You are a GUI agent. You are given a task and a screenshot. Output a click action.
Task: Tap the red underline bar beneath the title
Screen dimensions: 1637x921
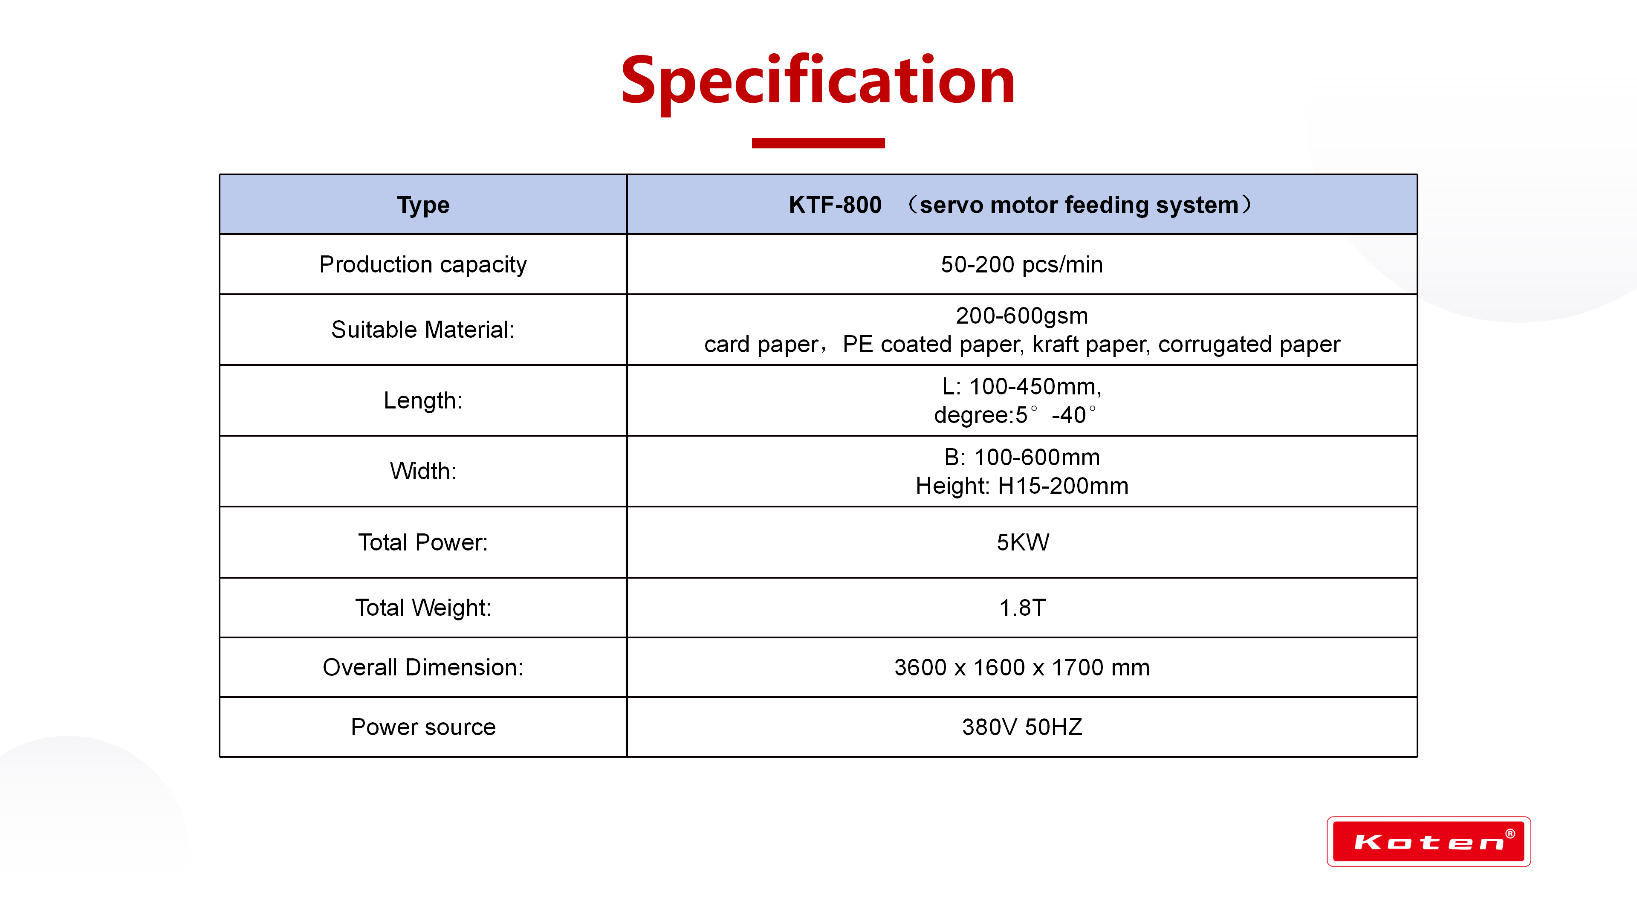point(818,143)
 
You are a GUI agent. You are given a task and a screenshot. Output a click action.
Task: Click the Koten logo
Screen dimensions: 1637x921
point(1429,842)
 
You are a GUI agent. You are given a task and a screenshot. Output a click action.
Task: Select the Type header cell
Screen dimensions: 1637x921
point(423,205)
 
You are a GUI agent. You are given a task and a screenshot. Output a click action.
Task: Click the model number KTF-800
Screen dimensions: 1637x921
point(835,205)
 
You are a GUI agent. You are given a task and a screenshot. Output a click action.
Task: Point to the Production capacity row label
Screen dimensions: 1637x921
point(423,264)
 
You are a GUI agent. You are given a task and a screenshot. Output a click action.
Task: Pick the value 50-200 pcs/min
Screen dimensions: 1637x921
point(1022,264)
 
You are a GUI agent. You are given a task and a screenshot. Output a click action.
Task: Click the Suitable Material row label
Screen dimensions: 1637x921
point(423,329)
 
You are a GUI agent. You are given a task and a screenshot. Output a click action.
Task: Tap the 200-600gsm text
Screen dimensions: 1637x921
point(1022,315)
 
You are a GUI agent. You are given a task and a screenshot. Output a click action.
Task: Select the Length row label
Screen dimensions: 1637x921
point(423,400)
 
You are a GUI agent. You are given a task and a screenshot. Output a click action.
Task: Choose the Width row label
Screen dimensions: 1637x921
point(423,471)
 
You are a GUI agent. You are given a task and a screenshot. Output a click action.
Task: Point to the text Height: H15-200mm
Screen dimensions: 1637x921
point(1022,486)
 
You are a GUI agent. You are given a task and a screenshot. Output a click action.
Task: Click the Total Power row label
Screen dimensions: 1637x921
point(423,542)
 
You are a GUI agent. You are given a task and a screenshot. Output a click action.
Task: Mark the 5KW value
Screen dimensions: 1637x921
point(1023,542)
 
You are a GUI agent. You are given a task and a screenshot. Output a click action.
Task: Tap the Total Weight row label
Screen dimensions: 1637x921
point(423,608)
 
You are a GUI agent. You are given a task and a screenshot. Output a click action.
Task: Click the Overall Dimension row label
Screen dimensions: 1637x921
point(423,667)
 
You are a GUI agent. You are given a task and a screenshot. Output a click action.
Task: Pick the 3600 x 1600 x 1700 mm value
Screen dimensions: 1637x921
point(1022,667)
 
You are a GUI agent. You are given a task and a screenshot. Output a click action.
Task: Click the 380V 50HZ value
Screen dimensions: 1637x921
point(1022,727)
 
